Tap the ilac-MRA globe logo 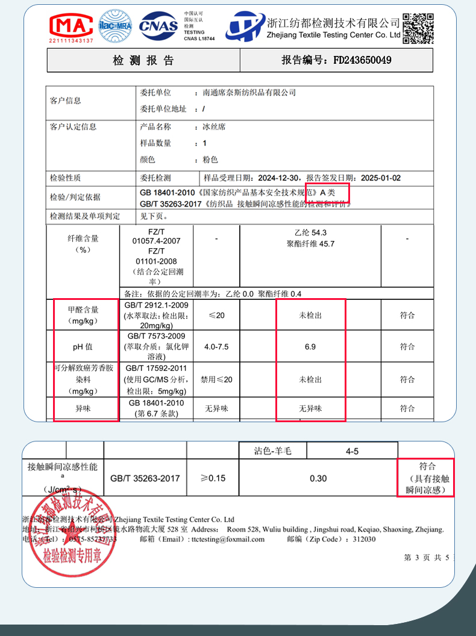115,26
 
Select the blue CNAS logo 158,26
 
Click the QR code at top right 418,28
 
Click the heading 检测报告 143,60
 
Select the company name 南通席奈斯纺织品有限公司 249,93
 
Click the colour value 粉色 210,160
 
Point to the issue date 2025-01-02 380,178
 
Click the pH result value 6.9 310,346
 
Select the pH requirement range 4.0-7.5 216,347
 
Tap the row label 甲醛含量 83,310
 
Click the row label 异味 83,408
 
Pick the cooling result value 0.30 318,478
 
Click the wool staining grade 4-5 352,450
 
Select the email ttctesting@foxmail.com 231,539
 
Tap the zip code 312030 364,539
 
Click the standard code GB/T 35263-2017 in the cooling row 145,478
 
